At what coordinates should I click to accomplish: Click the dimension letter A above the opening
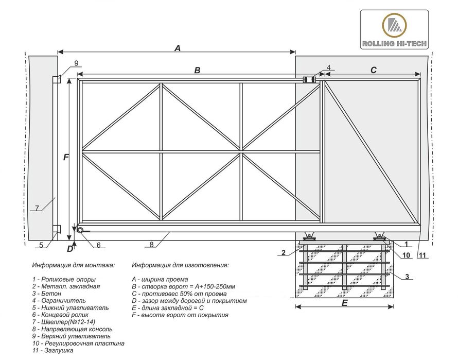[x=178, y=48]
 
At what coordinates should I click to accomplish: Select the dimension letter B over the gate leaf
[x=197, y=71]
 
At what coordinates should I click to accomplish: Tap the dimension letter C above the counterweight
[x=374, y=71]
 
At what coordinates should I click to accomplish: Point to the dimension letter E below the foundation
[x=345, y=303]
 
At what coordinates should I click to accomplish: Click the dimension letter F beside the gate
[x=66, y=158]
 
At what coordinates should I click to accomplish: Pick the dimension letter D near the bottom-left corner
[x=70, y=249]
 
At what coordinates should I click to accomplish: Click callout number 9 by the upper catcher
[x=76, y=63]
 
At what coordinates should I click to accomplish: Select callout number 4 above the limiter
[x=329, y=68]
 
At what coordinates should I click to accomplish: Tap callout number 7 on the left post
[x=37, y=208]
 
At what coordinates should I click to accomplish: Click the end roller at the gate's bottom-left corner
[x=81, y=231]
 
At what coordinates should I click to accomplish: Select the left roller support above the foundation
[x=309, y=236]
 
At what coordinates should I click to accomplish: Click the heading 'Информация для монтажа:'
[x=73, y=266]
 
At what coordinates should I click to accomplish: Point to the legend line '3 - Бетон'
[x=46, y=293]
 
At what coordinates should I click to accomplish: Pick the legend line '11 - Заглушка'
[x=52, y=350]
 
